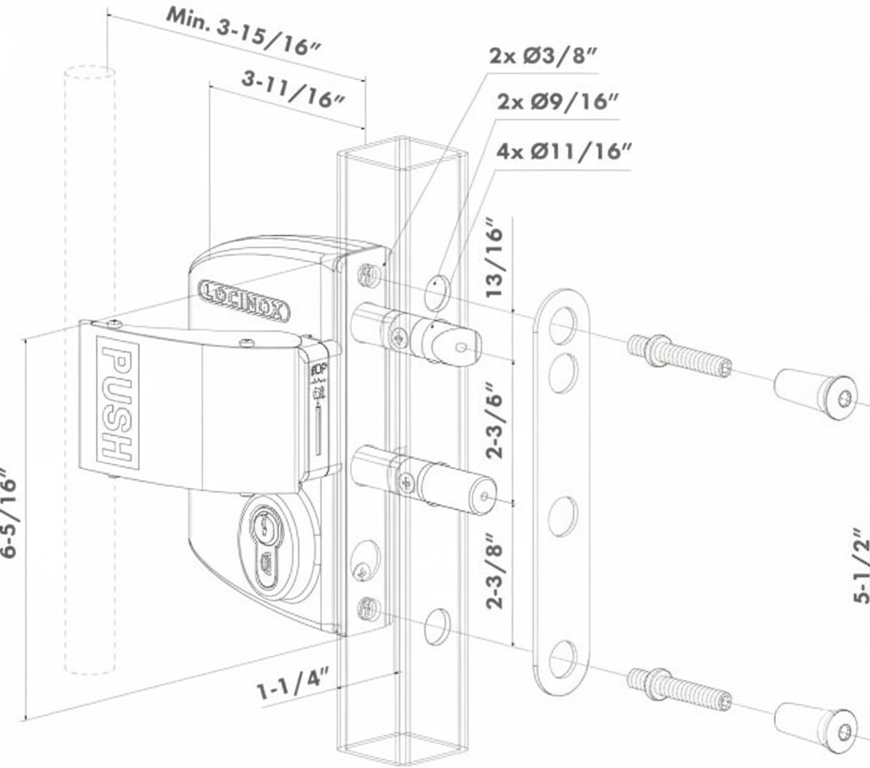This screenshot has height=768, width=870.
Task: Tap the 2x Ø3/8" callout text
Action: pos(543,57)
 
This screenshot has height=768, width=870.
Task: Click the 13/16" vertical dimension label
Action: pos(497,259)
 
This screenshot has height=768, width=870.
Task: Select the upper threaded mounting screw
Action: pos(679,355)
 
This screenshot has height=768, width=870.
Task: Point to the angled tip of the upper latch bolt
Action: pos(459,345)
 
